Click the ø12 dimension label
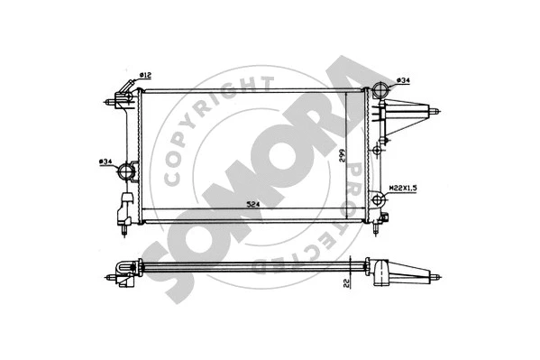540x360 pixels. pyautogui.click(x=144, y=74)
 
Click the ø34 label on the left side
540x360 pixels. pyautogui.click(x=106, y=162)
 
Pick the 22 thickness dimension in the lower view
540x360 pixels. pyautogui.click(x=346, y=283)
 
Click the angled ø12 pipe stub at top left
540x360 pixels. pyautogui.click(x=123, y=93)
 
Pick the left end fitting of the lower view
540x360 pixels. pyautogui.click(x=124, y=270)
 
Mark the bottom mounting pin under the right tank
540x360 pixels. pyautogui.click(x=384, y=220)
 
